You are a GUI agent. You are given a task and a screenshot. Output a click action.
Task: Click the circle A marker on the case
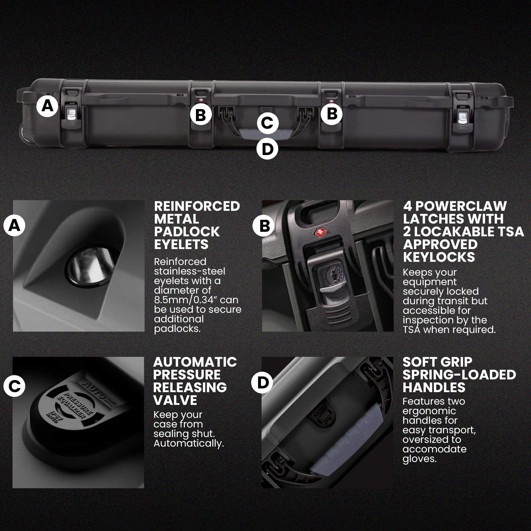(x=48, y=106)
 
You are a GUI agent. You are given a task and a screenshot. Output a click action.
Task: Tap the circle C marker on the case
(x=268, y=123)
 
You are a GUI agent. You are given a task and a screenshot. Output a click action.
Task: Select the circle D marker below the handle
(x=267, y=149)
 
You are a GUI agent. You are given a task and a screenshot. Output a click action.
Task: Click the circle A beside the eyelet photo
(x=14, y=226)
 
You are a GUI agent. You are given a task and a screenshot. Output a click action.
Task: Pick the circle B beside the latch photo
(x=264, y=226)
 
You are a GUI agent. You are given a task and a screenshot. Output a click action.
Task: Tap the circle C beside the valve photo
(x=14, y=386)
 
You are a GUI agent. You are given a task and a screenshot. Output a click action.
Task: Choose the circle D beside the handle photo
(x=262, y=382)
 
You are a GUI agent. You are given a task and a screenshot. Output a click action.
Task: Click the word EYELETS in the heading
(x=181, y=244)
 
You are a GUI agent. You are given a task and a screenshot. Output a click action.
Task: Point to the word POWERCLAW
(x=461, y=206)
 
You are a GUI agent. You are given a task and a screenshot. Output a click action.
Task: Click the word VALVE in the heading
(x=175, y=400)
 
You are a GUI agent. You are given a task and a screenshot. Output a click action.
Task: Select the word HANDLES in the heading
(x=434, y=388)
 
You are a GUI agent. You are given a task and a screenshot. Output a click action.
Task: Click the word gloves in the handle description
(x=419, y=459)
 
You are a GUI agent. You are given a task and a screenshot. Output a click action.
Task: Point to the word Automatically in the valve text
(x=189, y=443)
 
